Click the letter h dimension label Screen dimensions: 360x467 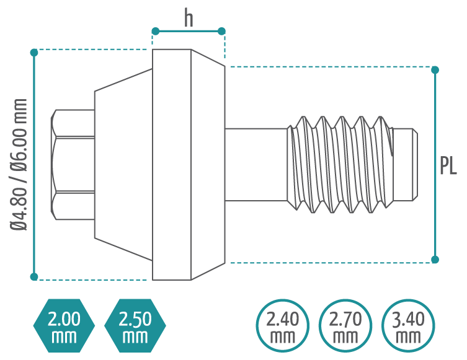coord(189,19)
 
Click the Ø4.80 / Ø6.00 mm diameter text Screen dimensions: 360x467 coord(20,164)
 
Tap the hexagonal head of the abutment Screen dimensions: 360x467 coord(73,164)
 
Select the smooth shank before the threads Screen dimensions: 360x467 coord(256,164)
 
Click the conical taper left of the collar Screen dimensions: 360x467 coord(123,164)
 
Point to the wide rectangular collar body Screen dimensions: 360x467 coord(172,164)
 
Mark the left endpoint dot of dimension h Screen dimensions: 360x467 coord(156,31)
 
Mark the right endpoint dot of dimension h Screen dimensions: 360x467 coord(221,31)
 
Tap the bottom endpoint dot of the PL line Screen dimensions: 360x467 coord(435,259)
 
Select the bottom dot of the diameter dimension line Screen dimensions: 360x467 coord(35,276)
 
